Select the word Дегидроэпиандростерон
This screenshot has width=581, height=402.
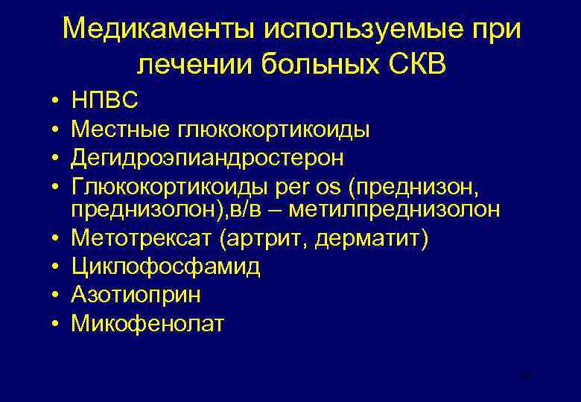point(208,157)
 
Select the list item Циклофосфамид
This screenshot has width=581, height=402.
point(165,267)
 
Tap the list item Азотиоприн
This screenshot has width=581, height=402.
point(136,295)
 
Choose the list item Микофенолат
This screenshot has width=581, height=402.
point(147,323)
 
